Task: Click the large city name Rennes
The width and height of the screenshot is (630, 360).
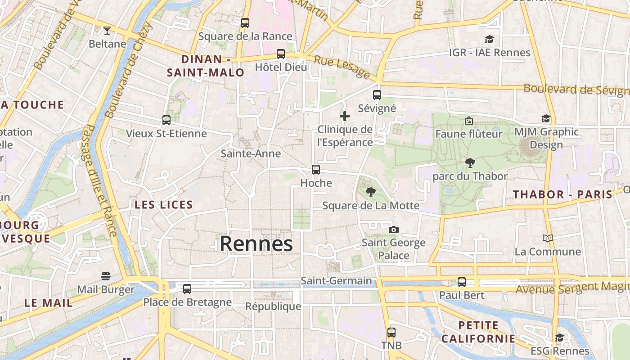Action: coord(256,244)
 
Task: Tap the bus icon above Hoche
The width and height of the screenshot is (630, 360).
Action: coord(316,170)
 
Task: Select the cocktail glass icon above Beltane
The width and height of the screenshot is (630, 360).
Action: coord(107,31)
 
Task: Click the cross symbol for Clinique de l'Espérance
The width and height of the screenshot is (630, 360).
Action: coord(345,116)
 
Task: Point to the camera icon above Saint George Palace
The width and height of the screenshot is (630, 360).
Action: coord(394,230)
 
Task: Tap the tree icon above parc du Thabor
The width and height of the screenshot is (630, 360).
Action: coord(470,163)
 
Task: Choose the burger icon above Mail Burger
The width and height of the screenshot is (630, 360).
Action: coord(106,276)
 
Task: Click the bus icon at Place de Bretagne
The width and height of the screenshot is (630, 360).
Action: coord(187,288)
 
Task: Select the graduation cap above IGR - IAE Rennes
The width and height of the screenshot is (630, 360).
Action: coord(489,40)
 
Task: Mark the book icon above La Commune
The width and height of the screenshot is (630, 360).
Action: coord(548,238)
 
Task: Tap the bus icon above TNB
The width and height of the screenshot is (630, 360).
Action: coord(391,333)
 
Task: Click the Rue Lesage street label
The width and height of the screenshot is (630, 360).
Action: coord(342,67)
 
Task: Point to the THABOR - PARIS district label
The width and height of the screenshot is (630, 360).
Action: coord(563,194)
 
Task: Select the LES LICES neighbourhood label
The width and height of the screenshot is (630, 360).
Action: coord(164,205)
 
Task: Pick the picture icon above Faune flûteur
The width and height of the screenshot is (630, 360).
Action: coord(469,121)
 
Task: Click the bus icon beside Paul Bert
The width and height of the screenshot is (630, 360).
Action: coord(462,282)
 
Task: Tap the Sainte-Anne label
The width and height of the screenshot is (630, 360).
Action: coord(251,153)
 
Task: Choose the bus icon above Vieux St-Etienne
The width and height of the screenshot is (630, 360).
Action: coord(166,120)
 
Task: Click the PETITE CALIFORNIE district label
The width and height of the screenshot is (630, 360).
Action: coord(478,332)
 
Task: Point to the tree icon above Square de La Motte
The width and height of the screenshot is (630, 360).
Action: coord(371,193)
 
